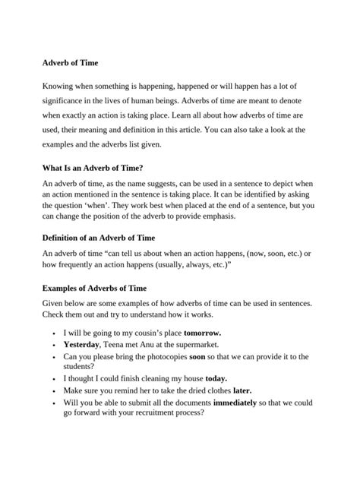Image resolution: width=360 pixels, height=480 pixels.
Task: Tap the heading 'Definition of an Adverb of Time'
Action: pyautogui.click(x=99, y=237)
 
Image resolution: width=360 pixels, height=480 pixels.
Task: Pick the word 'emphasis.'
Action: pyautogui.click(x=214, y=216)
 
